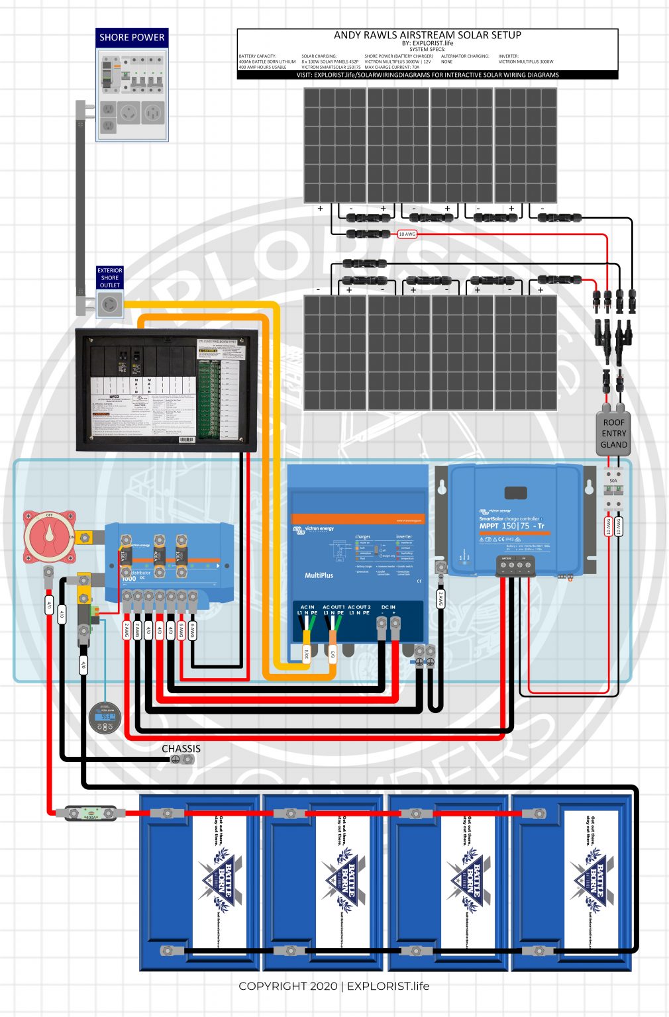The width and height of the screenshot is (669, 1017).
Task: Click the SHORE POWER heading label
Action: coord(132,38)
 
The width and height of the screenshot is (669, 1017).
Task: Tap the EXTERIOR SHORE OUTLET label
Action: coord(109,278)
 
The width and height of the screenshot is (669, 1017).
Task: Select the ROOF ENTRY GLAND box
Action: coord(614,434)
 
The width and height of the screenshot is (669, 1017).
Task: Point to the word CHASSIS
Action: coord(181,749)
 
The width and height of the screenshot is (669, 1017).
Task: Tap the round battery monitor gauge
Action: coord(105,718)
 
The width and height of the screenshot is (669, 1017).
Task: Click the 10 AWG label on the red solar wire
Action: coord(407,234)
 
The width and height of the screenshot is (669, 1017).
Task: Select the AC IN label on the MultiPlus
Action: coord(307,606)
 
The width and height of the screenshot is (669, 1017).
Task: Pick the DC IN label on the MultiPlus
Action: coord(388,606)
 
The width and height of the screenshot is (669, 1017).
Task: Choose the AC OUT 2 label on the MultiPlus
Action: coord(359,606)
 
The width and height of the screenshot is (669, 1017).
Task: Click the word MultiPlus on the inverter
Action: coord(319,575)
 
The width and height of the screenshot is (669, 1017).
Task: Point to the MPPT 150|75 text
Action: coord(511,526)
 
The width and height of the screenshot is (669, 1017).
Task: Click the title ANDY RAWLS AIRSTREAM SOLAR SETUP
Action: coord(427,35)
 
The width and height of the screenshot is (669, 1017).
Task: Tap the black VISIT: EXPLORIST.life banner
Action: coord(427,75)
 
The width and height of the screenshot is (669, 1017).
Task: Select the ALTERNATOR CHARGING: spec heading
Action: coord(465,56)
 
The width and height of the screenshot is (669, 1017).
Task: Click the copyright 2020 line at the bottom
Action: coord(334,986)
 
